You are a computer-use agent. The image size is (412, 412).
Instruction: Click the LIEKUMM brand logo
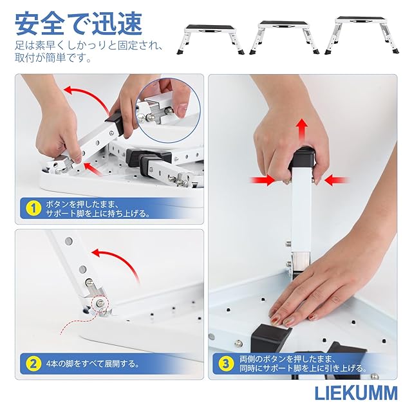[x=356, y=393]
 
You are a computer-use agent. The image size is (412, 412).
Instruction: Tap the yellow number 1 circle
[x=33, y=209]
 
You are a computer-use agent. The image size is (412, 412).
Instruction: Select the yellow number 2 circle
[x=33, y=364]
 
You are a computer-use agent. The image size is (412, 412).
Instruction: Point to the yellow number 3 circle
[x=227, y=364]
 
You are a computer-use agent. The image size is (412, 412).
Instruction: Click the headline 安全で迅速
[x=79, y=24]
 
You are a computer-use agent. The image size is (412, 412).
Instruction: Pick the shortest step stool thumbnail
[x=211, y=39]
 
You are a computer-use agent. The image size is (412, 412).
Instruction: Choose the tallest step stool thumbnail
[x=362, y=35]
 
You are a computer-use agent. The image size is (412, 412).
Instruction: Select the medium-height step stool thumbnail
[x=285, y=37]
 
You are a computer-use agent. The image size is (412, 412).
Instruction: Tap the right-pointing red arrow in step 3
[x=263, y=180]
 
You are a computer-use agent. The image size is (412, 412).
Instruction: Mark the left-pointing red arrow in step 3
[x=337, y=180]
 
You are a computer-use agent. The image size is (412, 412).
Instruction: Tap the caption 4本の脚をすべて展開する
[x=93, y=364]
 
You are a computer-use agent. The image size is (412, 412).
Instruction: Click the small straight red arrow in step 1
[x=93, y=169]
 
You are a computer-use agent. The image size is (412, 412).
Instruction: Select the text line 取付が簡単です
[x=53, y=58]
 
